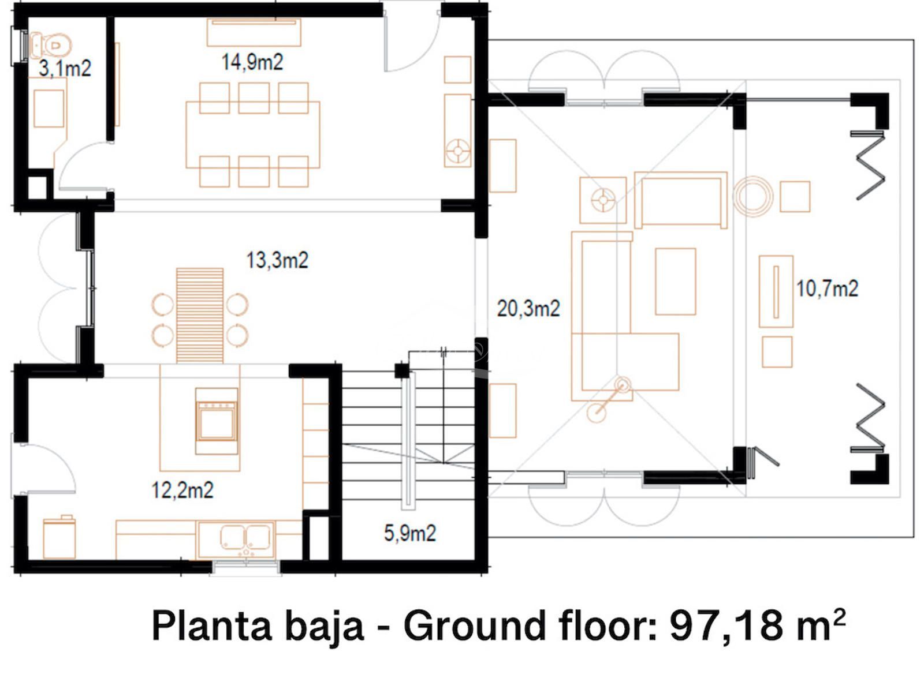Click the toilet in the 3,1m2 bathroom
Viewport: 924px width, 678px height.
pyautogui.click(x=50, y=44)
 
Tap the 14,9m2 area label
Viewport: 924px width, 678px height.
pyautogui.click(x=252, y=62)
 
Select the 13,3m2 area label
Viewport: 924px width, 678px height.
pyautogui.click(x=277, y=260)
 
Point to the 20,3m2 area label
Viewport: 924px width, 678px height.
pyautogui.click(x=528, y=308)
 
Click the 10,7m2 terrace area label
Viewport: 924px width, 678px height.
pyautogui.click(x=827, y=289)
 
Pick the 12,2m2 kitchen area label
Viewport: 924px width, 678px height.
pyautogui.click(x=182, y=490)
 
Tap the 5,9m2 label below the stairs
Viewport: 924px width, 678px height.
pyautogui.click(x=410, y=533)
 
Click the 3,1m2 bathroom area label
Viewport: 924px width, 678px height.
pyautogui.click(x=65, y=68)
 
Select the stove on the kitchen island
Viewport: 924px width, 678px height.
pyautogui.click(x=217, y=421)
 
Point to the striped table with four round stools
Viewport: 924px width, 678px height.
pyautogui.click(x=200, y=315)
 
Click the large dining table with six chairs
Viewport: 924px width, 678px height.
pyautogui.click(x=253, y=135)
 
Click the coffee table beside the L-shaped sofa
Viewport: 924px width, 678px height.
pyautogui.click(x=676, y=282)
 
